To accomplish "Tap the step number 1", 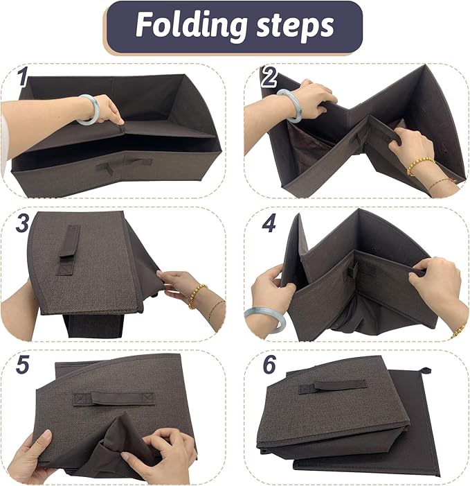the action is [x=23, y=77].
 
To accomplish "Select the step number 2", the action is [x=269, y=78].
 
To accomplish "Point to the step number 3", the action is [x=22, y=223].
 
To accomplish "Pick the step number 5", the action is [x=22, y=365].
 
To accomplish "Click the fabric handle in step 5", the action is [x=113, y=398].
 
